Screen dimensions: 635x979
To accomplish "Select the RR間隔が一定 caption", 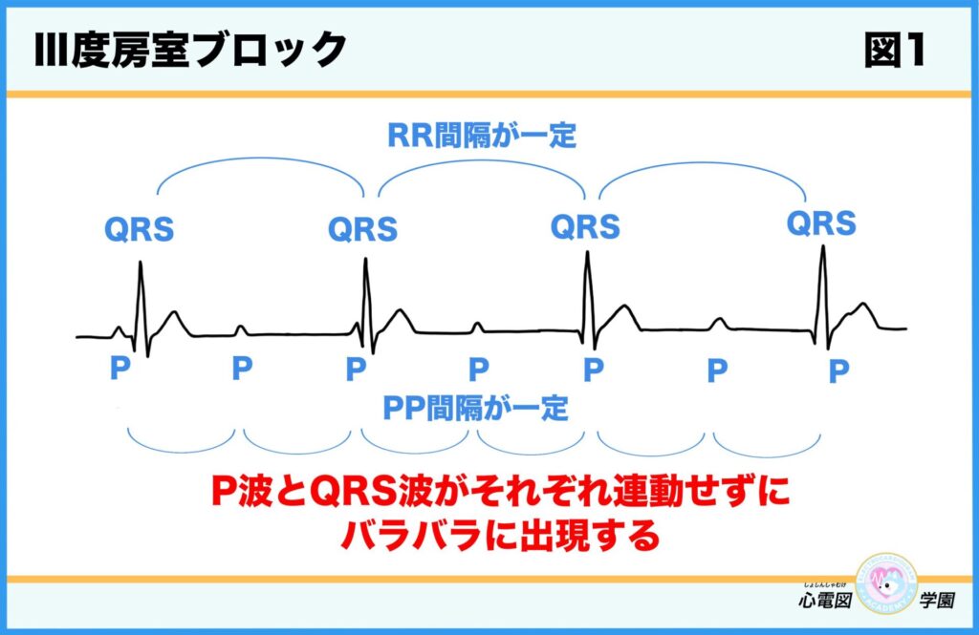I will click(482, 137).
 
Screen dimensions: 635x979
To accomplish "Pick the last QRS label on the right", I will click(821, 223).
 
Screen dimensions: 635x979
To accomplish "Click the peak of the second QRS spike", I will click(365, 260).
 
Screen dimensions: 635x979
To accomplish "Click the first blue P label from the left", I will click(120, 370).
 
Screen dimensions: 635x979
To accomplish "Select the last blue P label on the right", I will click(838, 370).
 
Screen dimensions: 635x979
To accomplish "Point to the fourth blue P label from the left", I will click(479, 370).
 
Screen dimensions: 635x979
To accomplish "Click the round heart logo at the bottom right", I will click(886, 585).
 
